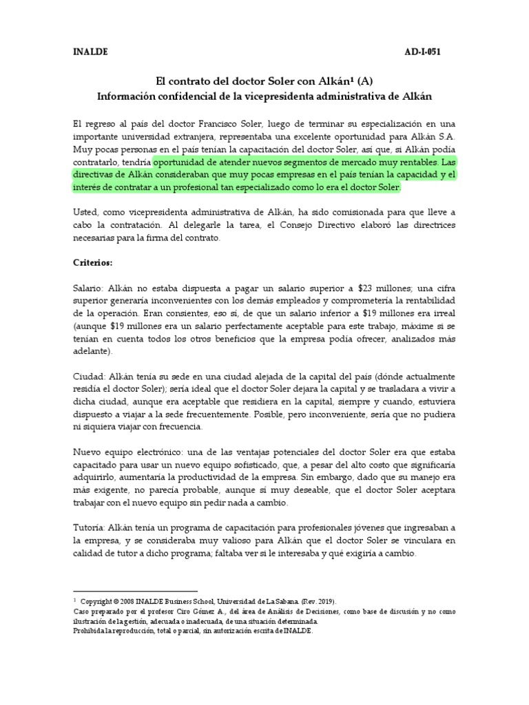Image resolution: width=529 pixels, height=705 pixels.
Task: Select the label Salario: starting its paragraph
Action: pyautogui.click(x=88, y=288)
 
